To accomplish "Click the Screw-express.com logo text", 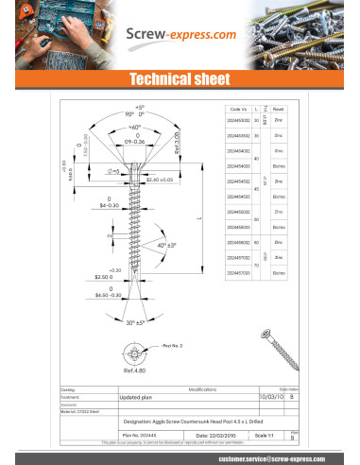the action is tap(181, 35).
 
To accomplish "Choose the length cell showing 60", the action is tap(257, 243).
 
